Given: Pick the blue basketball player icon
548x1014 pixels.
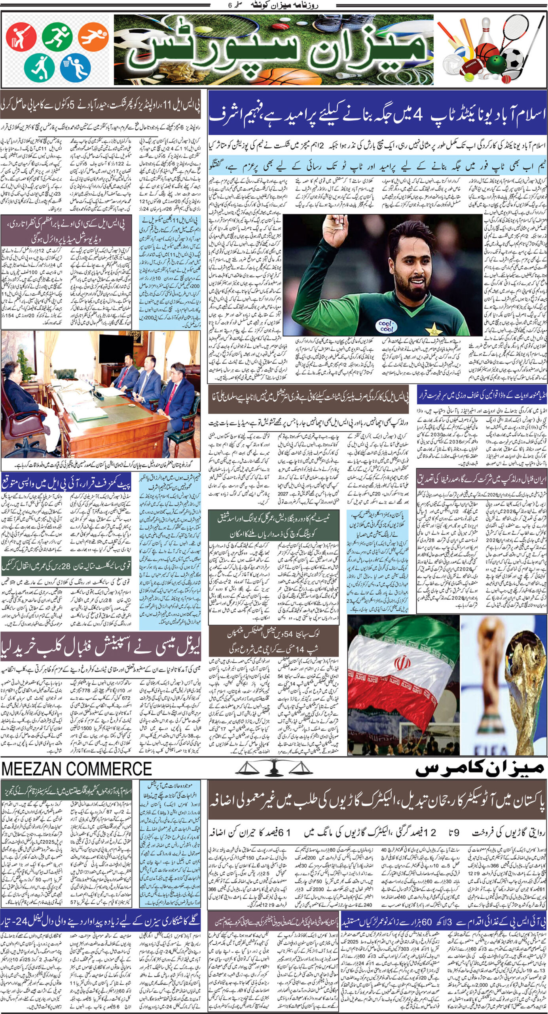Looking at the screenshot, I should (x=76, y=67).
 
